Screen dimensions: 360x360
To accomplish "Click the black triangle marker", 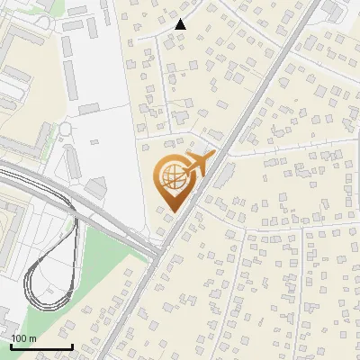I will coord(181,24).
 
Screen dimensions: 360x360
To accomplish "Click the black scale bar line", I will coord(41,347).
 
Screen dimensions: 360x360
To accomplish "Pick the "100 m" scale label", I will coord(23,338).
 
